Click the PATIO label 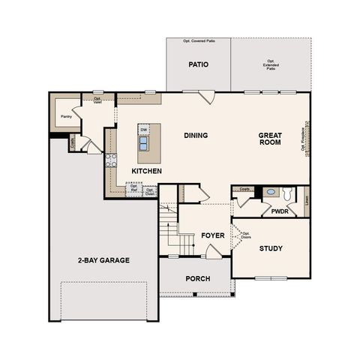(198, 64)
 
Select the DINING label (196, 136)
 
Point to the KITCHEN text (147, 171)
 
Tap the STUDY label (271, 248)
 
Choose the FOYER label (213, 235)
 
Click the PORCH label (198, 279)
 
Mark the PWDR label (280, 211)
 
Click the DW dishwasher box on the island (143, 130)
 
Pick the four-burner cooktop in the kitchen (111, 159)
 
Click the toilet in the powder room (288, 193)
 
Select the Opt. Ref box (134, 190)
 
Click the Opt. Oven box (150, 190)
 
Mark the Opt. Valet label (97, 100)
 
